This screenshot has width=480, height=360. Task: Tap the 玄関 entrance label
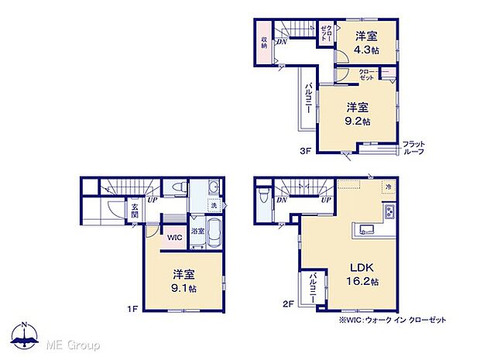point(134,211)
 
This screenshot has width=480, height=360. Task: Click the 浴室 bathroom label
point(197,231)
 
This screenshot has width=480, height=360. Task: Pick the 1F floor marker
point(132,310)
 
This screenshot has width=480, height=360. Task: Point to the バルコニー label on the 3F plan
point(307,98)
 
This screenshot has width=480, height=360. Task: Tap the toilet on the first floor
point(177,188)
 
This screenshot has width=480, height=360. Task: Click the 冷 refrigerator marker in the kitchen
point(388,187)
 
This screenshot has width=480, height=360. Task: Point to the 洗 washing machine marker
point(213,205)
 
